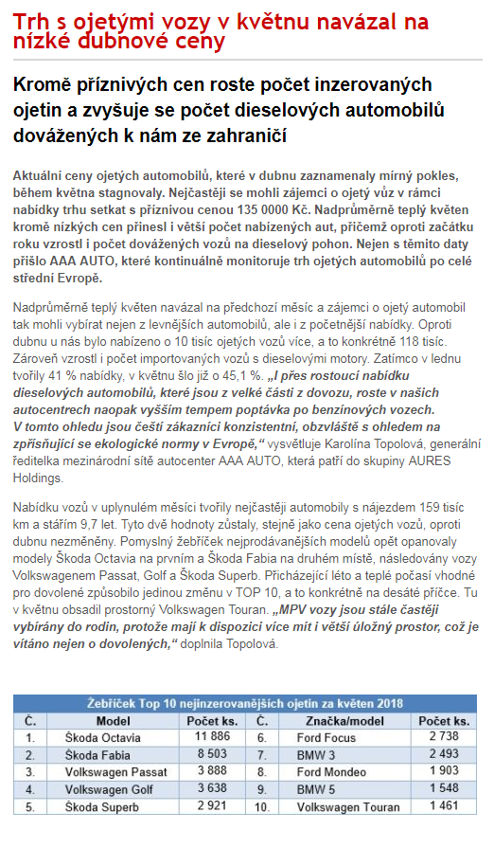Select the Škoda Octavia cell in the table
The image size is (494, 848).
point(100,736)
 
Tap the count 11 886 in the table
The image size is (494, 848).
point(212,736)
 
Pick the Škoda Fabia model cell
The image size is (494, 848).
point(94,754)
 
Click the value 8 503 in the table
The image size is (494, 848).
point(212,754)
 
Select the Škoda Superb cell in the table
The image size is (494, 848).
point(98,807)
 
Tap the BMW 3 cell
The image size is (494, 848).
point(316,754)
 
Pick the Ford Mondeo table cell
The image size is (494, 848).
point(331,772)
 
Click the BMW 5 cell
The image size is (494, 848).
point(316,789)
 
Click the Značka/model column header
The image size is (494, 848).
point(332,720)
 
